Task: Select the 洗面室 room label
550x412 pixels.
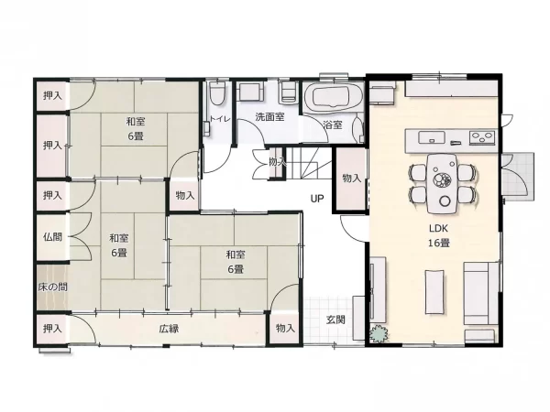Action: (x=269, y=117)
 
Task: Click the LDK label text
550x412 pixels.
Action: (x=438, y=228)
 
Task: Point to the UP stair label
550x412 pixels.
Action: (x=317, y=199)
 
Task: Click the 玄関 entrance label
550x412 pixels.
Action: (x=335, y=320)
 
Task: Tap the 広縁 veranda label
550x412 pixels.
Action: (x=169, y=329)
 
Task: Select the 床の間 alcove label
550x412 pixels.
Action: (x=52, y=287)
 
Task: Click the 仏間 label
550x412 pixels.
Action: (x=52, y=237)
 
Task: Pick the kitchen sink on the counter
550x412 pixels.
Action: (x=432, y=137)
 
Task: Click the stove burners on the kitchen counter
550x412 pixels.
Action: (x=482, y=137)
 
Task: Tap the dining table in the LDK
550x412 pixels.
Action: (x=442, y=184)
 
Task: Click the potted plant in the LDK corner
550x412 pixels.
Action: (x=379, y=333)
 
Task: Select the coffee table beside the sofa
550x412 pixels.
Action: (x=434, y=291)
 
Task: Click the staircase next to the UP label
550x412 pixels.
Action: (x=309, y=163)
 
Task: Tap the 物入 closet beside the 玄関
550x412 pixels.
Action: (x=284, y=329)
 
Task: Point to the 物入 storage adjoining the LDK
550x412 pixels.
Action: (x=351, y=179)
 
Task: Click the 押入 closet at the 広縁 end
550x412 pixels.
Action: (x=52, y=329)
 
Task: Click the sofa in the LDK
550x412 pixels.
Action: (x=481, y=293)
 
